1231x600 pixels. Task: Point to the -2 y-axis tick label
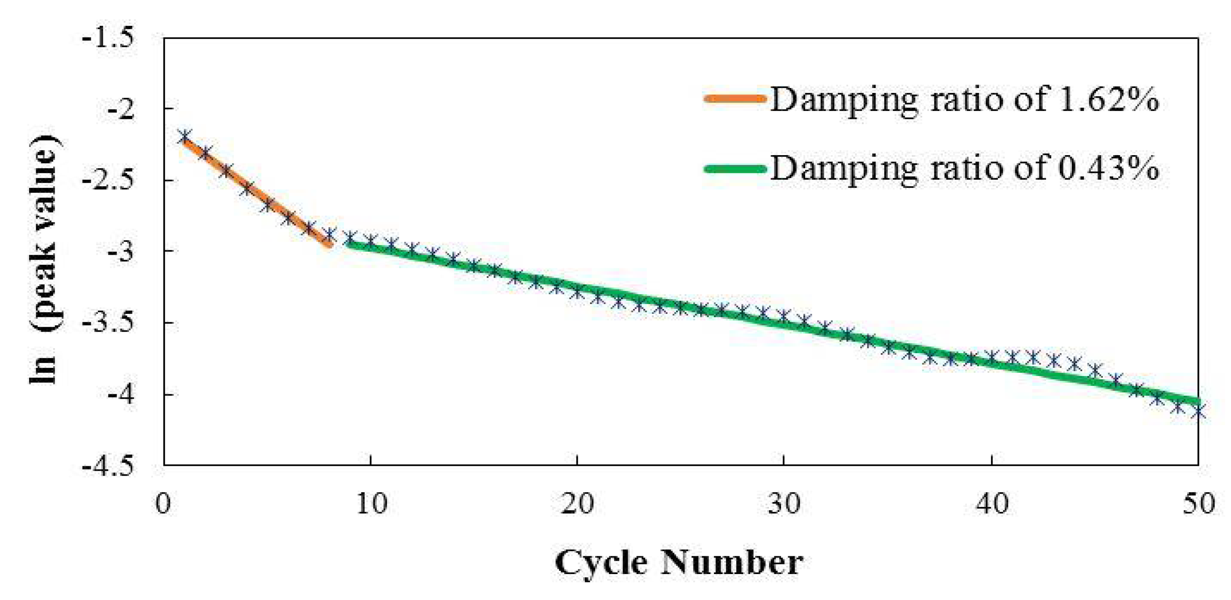tap(121, 110)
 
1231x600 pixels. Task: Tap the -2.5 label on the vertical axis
tap(109, 181)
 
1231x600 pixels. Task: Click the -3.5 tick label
tap(109, 323)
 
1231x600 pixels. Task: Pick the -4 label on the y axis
tap(121, 395)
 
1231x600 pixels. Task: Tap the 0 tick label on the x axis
tap(164, 503)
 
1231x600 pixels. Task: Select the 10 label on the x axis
tap(371, 503)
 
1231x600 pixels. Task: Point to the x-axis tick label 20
tap(577, 503)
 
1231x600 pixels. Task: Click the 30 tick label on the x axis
tap(784, 503)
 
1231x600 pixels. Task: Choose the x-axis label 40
tap(992, 503)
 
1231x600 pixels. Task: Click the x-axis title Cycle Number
tap(679, 563)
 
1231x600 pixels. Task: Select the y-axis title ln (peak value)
tap(44, 258)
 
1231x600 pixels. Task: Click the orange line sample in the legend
tap(735, 99)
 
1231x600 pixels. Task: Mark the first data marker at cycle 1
tap(185, 136)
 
